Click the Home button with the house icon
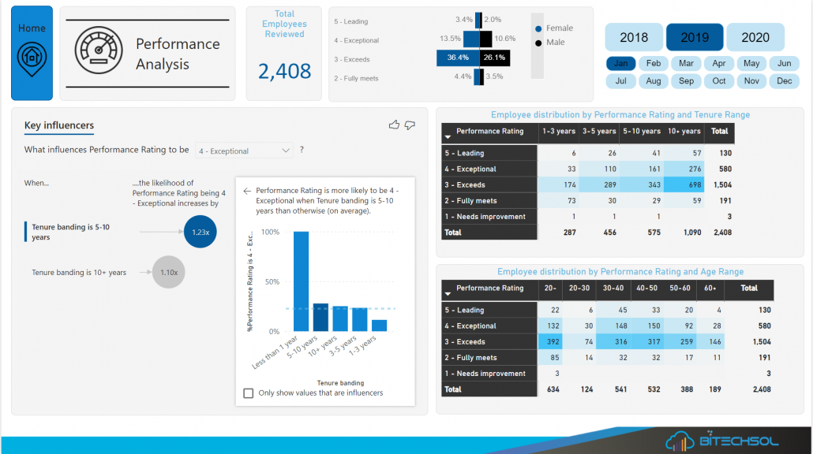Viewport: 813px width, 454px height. (32, 53)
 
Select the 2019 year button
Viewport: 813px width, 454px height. (695, 37)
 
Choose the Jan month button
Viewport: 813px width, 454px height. (621, 63)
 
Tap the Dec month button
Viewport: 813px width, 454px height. (784, 80)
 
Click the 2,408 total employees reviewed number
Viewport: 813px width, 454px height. (284, 72)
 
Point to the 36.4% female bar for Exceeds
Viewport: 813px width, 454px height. (458, 58)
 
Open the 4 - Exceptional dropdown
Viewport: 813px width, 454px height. (245, 151)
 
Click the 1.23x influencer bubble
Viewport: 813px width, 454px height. (200, 232)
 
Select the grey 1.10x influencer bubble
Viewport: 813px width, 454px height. (169, 272)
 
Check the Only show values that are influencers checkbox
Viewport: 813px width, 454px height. (249, 393)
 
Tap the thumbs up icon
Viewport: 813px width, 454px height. (395, 125)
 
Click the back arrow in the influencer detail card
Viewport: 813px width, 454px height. (247, 191)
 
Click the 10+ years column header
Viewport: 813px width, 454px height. (684, 132)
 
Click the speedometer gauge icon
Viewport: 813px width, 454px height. (99, 50)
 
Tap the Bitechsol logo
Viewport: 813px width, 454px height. (727, 441)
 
